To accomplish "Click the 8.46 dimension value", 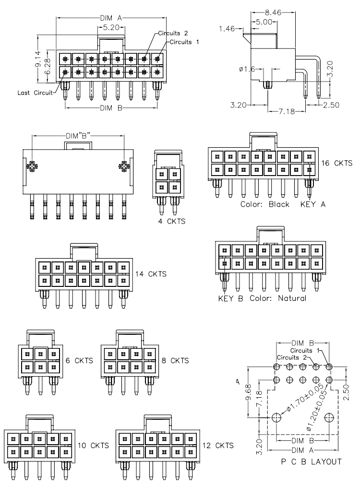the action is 273,12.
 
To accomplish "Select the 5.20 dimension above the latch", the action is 111,27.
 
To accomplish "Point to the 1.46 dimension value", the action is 227,29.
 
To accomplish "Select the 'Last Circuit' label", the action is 35,93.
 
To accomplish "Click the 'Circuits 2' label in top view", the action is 173,33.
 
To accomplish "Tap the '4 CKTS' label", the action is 171,221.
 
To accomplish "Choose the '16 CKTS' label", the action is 336,163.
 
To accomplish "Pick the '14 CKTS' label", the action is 151,274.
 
